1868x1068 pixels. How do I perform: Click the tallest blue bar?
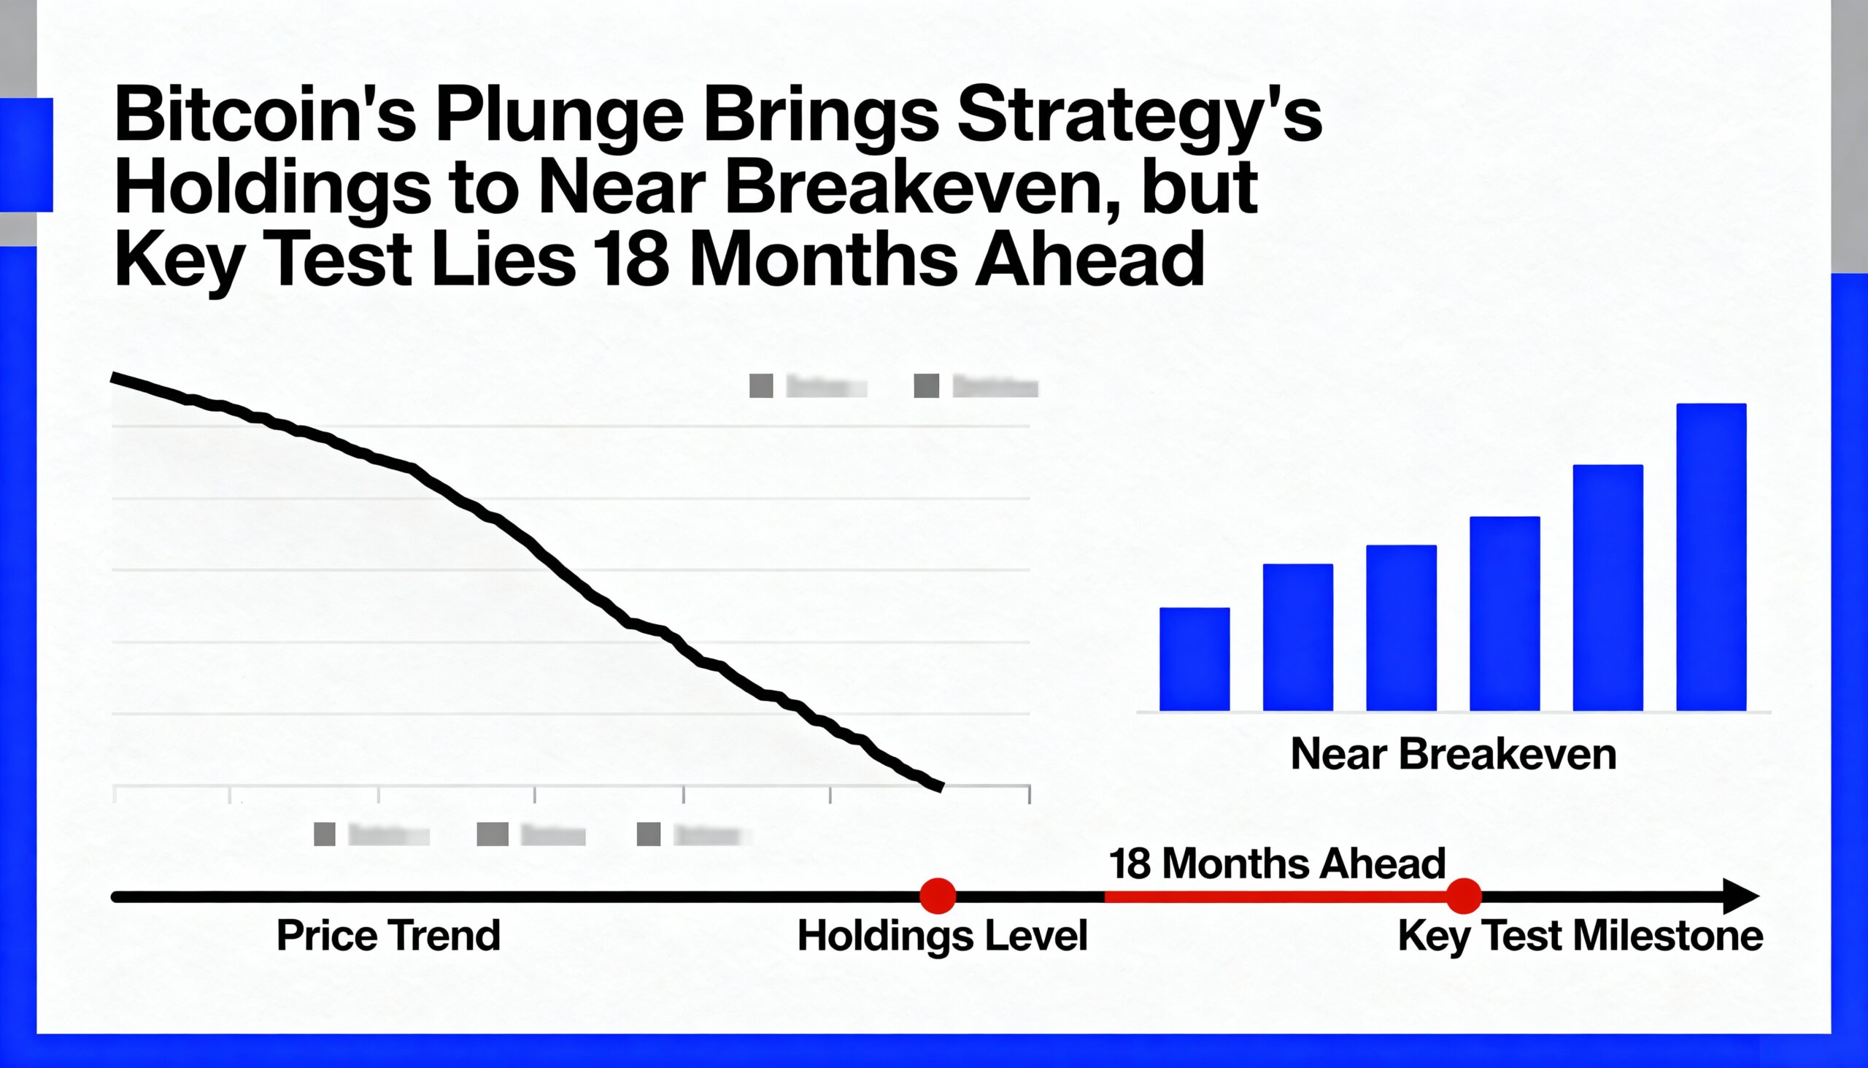[1711, 557]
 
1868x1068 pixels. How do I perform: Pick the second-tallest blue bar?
[1608, 588]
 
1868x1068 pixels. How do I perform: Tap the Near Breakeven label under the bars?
[1453, 754]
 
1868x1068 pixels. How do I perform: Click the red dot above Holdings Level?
[938, 896]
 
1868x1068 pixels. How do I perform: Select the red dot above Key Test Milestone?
[1464, 896]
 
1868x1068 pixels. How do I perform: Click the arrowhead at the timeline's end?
[1742, 896]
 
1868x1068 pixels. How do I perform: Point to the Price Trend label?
[388, 936]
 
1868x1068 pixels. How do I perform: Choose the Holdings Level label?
[942, 936]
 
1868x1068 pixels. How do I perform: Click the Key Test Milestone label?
[1580, 936]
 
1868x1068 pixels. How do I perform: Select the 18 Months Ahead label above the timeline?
[1276, 864]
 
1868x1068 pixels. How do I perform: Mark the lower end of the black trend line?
[940, 787]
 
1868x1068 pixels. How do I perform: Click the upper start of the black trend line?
[115, 377]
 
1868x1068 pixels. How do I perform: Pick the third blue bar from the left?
[1401, 628]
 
